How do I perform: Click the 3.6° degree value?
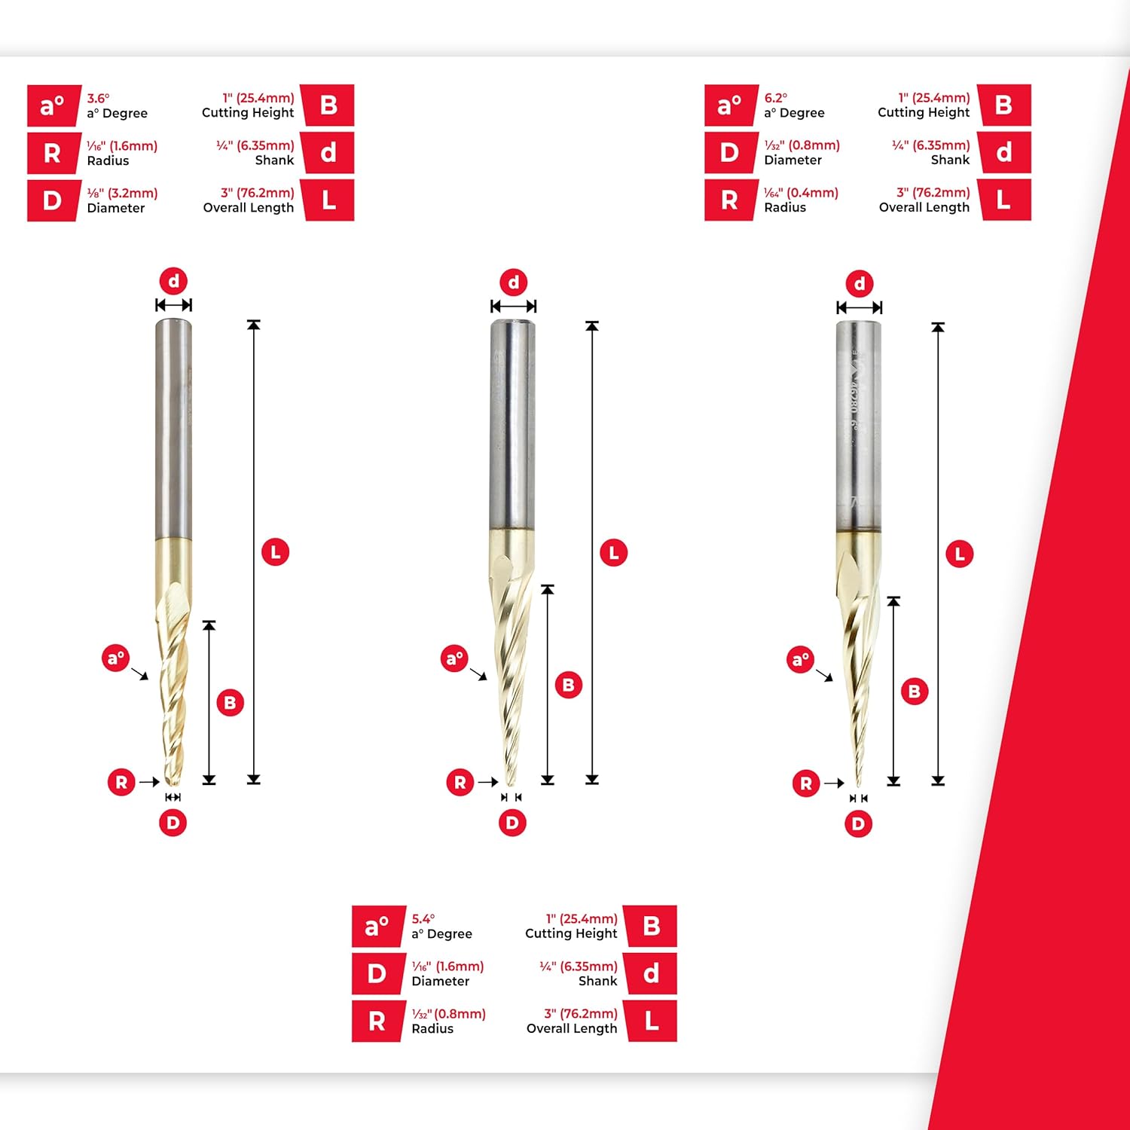98,99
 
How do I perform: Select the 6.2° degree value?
775,98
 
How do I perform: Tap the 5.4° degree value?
423,919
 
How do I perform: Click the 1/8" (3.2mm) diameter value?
122,194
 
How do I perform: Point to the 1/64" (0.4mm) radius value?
801,193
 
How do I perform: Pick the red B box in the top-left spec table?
328,105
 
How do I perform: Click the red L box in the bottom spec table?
652,1022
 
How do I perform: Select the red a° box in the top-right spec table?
729,105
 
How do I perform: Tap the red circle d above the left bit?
173,282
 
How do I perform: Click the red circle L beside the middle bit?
613,553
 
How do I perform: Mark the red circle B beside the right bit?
914,692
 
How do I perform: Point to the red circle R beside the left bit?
121,782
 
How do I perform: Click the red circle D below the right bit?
858,823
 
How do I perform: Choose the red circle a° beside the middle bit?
454,659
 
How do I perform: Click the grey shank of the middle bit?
513,422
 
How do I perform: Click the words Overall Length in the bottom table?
571,1028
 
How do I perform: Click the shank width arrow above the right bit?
859,307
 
